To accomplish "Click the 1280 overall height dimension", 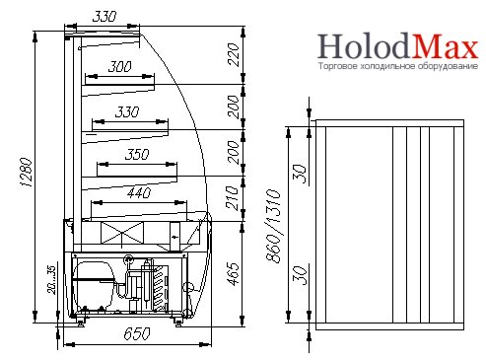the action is pos(26,173).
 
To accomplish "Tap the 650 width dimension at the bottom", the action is pos(137,334).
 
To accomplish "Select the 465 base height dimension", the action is pos(233,274).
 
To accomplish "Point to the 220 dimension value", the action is pos(233,55).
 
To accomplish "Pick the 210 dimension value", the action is pos(233,198).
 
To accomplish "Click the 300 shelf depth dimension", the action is pos(120,67).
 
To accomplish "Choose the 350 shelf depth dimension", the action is pos(137,154).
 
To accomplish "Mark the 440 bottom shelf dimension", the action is pos(139,193).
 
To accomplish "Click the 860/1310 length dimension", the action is pos(274,226).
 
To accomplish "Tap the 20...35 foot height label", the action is pos(51,280).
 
